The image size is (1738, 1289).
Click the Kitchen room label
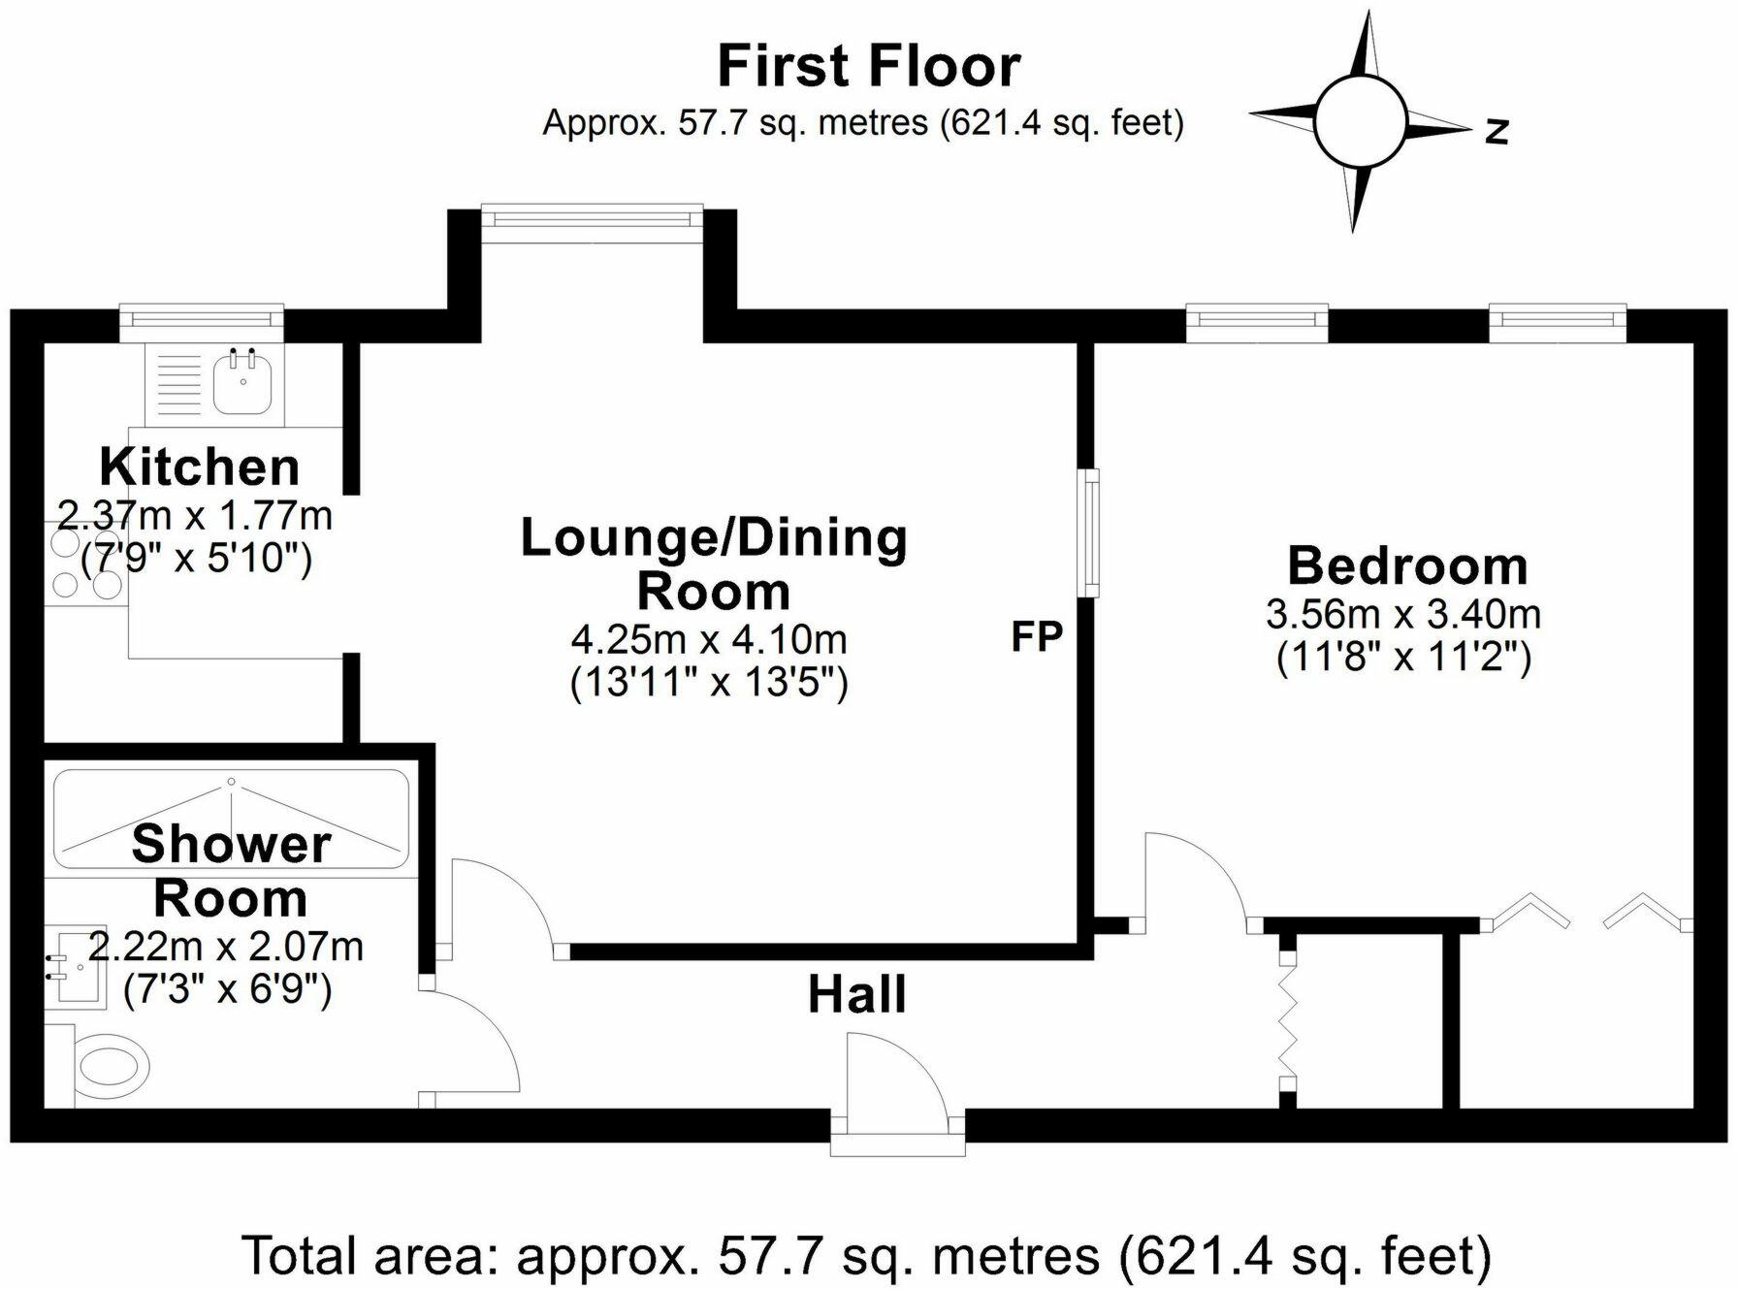pos(200,467)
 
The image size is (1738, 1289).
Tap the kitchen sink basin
pos(241,385)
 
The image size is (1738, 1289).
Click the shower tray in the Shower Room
pos(231,820)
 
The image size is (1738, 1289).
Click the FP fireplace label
pos(1037,636)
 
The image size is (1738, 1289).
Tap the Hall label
pos(857,995)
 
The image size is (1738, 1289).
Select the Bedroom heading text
pos(1407,565)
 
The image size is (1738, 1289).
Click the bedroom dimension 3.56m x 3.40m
pos(1403,614)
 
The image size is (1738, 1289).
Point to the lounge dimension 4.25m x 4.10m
pos(709,639)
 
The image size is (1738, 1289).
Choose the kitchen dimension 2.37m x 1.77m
pos(195,515)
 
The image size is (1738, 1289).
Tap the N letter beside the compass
pos(1497,130)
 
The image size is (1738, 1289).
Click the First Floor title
pos(868,66)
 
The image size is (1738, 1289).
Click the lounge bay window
pos(592,216)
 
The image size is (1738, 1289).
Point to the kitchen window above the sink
pos(202,321)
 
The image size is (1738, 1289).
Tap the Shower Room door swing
pos(475,1043)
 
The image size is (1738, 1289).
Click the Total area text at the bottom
pos(865,1254)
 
